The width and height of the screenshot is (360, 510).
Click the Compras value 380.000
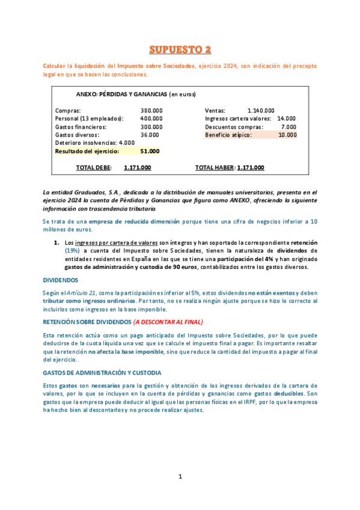(x=151, y=111)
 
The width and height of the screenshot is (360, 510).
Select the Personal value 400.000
(x=151, y=118)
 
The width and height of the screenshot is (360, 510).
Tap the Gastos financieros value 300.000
(x=151, y=127)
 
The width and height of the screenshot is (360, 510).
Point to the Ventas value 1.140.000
(x=261, y=111)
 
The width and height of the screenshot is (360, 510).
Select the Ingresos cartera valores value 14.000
(x=286, y=118)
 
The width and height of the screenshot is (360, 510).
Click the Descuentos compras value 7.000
(x=288, y=127)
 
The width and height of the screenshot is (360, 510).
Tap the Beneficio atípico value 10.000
(x=287, y=135)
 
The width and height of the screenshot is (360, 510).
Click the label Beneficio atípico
(x=228, y=135)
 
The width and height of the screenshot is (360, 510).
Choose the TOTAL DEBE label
(x=94, y=168)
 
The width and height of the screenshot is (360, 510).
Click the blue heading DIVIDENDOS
(x=60, y=280)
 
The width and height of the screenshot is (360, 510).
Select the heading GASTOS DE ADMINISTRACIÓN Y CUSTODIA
(x=102, y=373)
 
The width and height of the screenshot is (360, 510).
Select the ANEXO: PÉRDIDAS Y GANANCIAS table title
(x=136, y=94)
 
